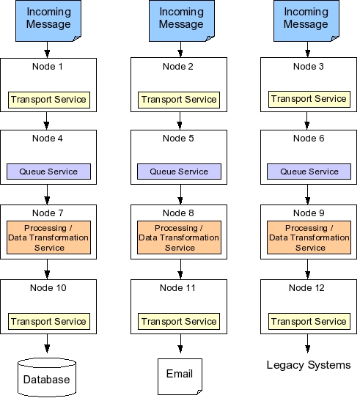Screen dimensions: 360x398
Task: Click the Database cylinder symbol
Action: coord(47,377)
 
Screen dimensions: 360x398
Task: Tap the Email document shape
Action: coord(180,377)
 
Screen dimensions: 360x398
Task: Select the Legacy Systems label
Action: coord(309,365)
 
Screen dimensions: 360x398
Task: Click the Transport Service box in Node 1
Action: coord(49,100)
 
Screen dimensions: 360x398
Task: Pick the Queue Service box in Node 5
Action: coord(179,172)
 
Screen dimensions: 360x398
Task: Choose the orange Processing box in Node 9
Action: coord(309,237)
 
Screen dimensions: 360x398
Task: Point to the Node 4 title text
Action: coord(48,139)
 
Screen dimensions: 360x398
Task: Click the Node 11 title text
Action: coord(177,288)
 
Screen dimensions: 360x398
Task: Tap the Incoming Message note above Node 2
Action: coord(182,21)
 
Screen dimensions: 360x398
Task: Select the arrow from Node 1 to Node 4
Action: coord(46,121)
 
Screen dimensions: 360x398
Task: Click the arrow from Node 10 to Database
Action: coord(47,344)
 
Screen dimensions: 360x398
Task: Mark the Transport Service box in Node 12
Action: coord(309,321)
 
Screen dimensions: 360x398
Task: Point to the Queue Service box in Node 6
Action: coord(309,172)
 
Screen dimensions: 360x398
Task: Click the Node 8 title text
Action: coord(178,213)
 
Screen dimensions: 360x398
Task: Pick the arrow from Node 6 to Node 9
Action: coord(308,194)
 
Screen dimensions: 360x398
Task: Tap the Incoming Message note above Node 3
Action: coord(306,21)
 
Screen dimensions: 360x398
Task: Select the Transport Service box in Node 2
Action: coord(179,100)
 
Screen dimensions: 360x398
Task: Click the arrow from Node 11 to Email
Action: coord(180,344)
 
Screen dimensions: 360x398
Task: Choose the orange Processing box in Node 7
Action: coord(48,237)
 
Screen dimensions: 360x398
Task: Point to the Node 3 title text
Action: coord(309,67)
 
